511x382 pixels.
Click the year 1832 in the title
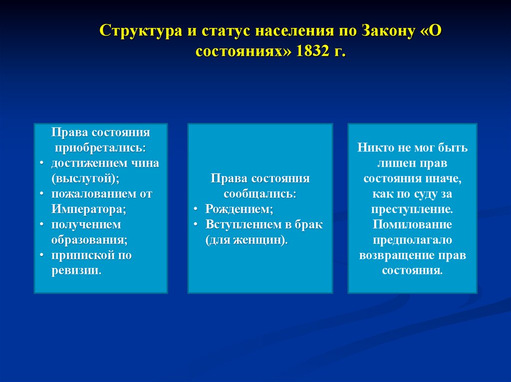[x=313, y=52]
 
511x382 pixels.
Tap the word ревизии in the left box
[x=75, y=270]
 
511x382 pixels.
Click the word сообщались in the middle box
[x=259, y=194]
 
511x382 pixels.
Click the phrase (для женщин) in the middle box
[x=246, y=240]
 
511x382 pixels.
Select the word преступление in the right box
[x=412, y=209]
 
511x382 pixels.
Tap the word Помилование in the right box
[x=412, y=225]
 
